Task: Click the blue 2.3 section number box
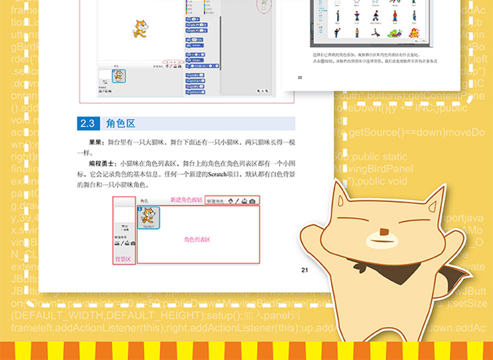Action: [x=88, y=123]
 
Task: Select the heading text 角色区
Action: [x=120, y=123]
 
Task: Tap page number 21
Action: [x=305, y=270]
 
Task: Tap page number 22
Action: [x=300, y=77]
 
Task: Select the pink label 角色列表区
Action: [x=197, y=240]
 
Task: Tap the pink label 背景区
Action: [x=122, y=258]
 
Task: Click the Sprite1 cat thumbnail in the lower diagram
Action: [x=149, y=218]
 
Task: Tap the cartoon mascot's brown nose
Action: [x=384, y=234]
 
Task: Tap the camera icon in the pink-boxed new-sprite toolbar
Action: [x=252, y=200]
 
